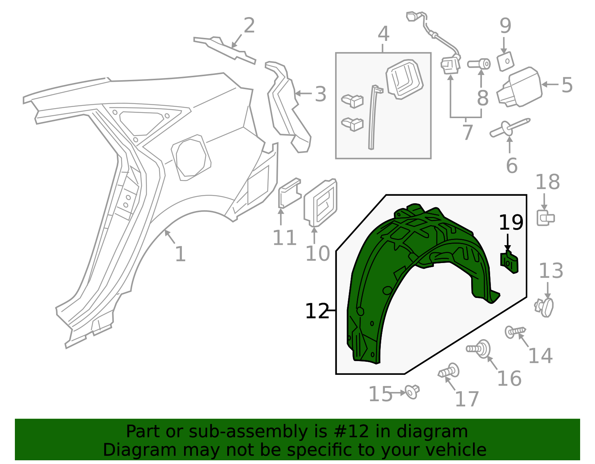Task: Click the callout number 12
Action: click(x=317, y=311)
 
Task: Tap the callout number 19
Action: click(x=511, y=223)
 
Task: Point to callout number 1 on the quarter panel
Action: click(x=180, y=254)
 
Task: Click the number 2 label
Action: click(x=249, y=26)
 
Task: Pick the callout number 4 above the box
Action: click(x=383, y=34)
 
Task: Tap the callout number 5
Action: click(x=567, y=85)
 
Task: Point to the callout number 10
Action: click(x=318, y=254)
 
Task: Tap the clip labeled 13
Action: click(x=545, y=307)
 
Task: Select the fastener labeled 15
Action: click(x=412, y=392)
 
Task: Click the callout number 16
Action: click(x=509, y=379)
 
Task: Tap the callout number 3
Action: click(x=320, y=94)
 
